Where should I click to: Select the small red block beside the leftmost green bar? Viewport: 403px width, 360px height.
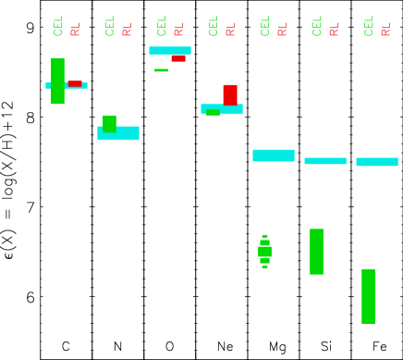[x=74, y=83]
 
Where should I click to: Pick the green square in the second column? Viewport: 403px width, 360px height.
[x=109, y=122]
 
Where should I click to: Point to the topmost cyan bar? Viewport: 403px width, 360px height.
[x=170, y=51]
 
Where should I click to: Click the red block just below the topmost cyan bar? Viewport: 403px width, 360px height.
[x=178, y=59]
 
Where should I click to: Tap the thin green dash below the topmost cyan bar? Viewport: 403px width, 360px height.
[x=161, y=70]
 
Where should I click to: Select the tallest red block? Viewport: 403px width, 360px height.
[x=230, y=93]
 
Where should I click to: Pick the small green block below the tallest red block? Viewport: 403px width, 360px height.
[x=213, y=113]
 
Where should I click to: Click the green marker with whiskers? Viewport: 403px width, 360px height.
[x=264, y=251]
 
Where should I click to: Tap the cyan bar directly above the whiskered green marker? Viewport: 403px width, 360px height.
[x=274, y=155]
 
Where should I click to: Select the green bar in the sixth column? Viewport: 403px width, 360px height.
[x=316, y=252]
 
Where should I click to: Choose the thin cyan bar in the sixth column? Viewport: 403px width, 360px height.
[x=325, y=161]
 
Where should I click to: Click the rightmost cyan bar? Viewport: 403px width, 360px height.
[x=377, y=162]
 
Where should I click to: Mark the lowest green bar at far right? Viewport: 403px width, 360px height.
[x=368, y=296]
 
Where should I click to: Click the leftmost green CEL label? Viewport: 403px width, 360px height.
[x=58, y=26]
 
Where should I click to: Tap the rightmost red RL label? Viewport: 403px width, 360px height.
[x=385, y=30]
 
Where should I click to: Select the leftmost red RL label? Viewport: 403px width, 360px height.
[x=75, y=30]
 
